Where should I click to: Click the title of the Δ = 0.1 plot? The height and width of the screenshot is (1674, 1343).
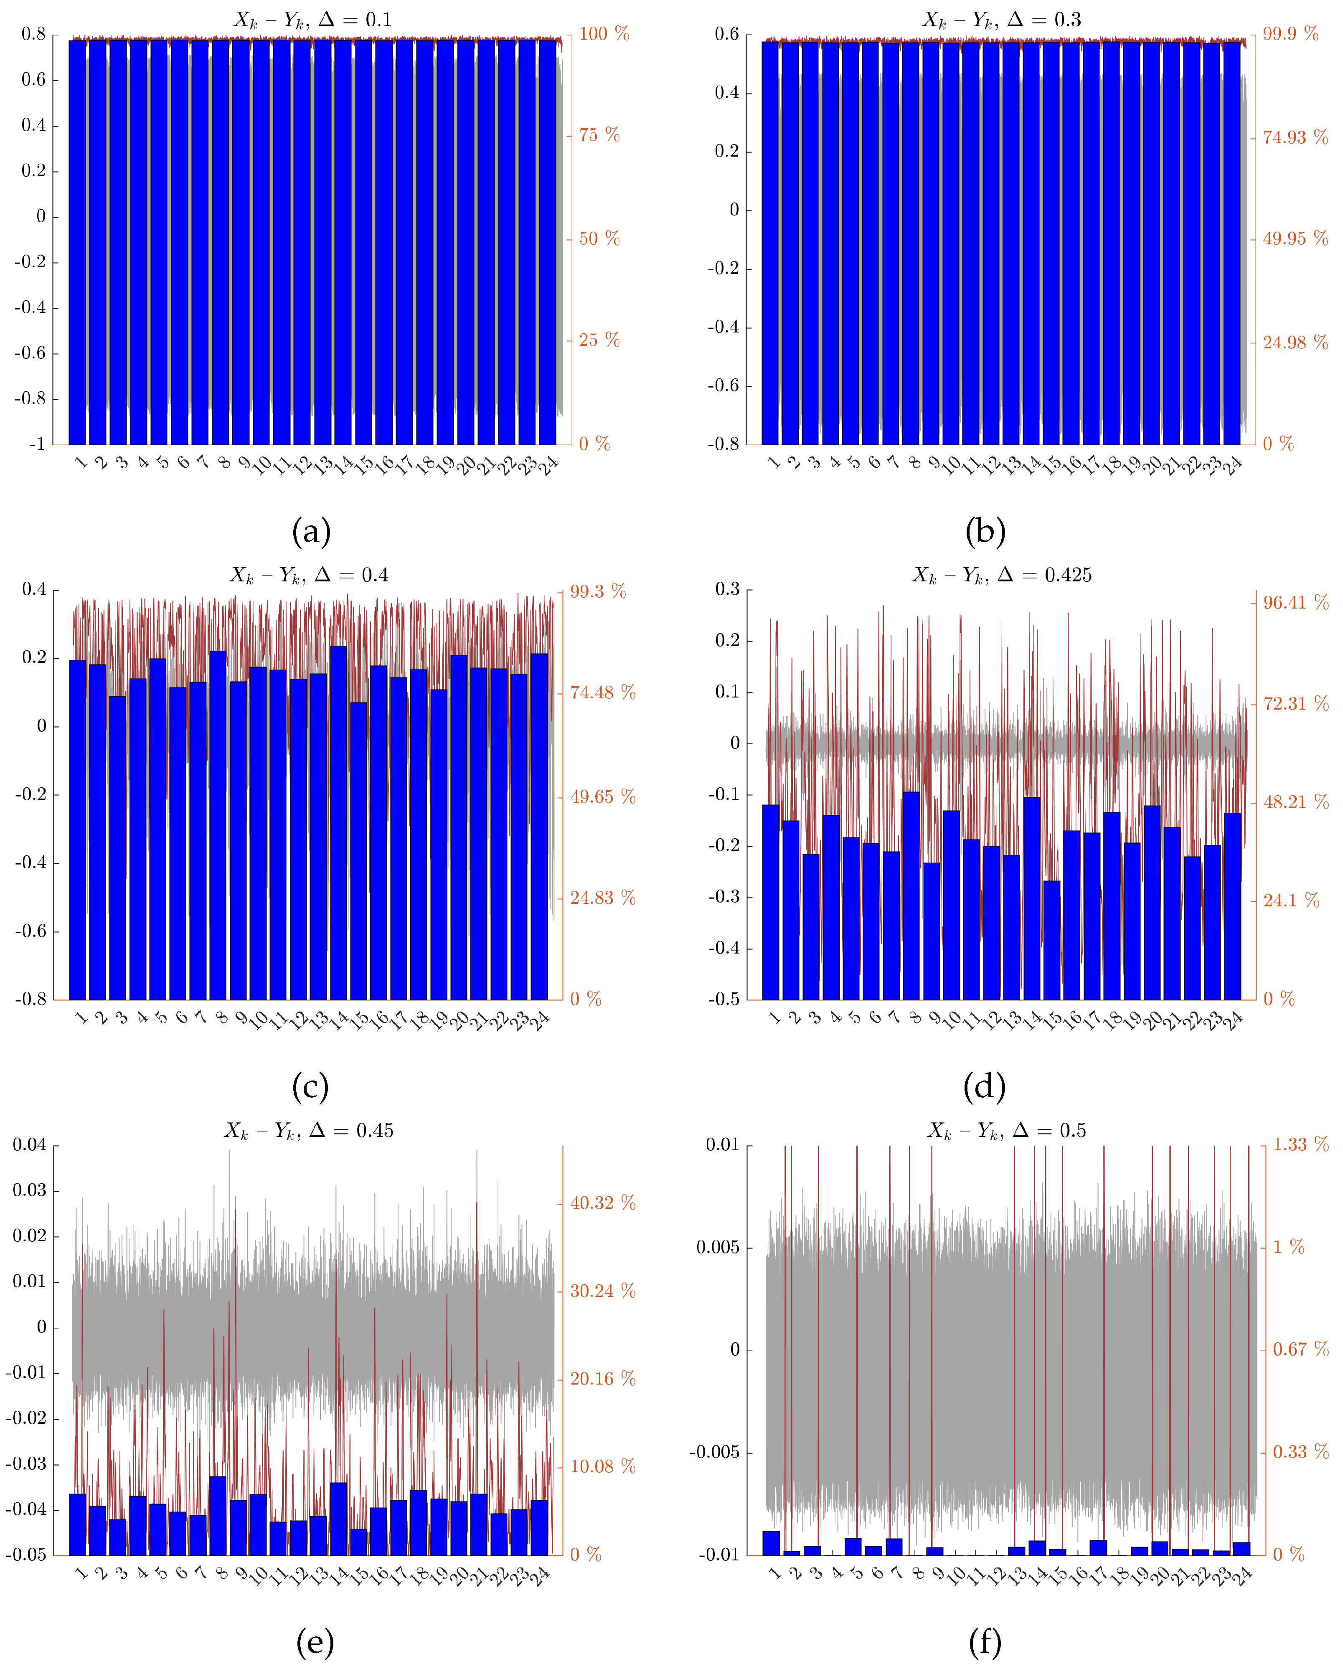coord(312,19)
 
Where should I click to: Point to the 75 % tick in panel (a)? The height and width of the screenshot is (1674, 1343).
coord(599,135)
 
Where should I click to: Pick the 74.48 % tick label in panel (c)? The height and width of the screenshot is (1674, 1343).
coord(602,692)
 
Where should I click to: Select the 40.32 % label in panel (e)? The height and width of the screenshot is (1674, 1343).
coord(602,1203)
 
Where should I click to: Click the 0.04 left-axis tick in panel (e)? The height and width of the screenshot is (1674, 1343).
coord(30,1145)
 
